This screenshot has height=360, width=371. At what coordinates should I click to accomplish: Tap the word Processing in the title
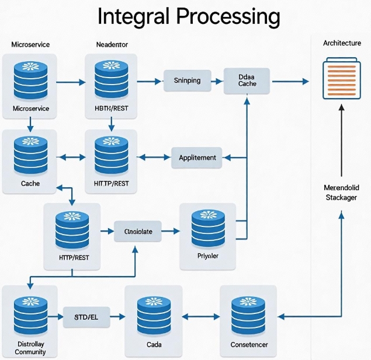pyautogui.click(x=228, y=18)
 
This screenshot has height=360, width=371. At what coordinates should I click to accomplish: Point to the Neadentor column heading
pyautogui.click(x=111, y=44)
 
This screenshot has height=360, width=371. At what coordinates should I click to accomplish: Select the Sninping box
pyautogui.click(x=187, y=81)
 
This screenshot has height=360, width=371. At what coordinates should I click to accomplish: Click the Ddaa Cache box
pyautogui.click(x=247, y=81)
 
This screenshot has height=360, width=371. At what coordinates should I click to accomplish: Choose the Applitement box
pyautogui.click(x=197, y=158)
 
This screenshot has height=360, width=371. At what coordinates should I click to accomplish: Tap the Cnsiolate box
pyautogui.click(x=138, y=232)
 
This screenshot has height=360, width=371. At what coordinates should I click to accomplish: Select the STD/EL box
pyautogui.click(x=86, y=317)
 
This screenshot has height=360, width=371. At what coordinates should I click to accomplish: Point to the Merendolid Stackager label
pyautogui.click(x=341, y=193)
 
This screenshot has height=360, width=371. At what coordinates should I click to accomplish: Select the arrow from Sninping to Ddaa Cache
pyautogui.click(x=215, y=81)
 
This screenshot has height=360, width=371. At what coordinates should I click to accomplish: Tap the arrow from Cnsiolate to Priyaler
pyautogui.click(x=169, y=232)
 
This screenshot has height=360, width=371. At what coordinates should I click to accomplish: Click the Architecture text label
pyautogui.click(x=341, y=44)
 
